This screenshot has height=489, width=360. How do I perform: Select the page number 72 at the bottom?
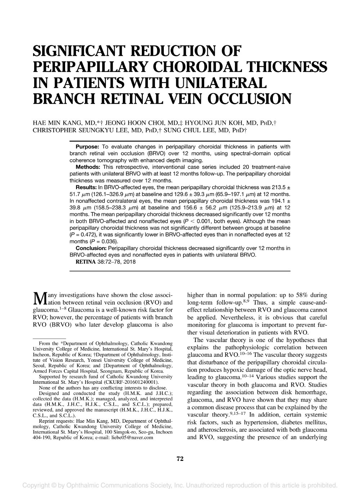pos(180,459)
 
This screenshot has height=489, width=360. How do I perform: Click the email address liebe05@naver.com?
pos(132,437)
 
